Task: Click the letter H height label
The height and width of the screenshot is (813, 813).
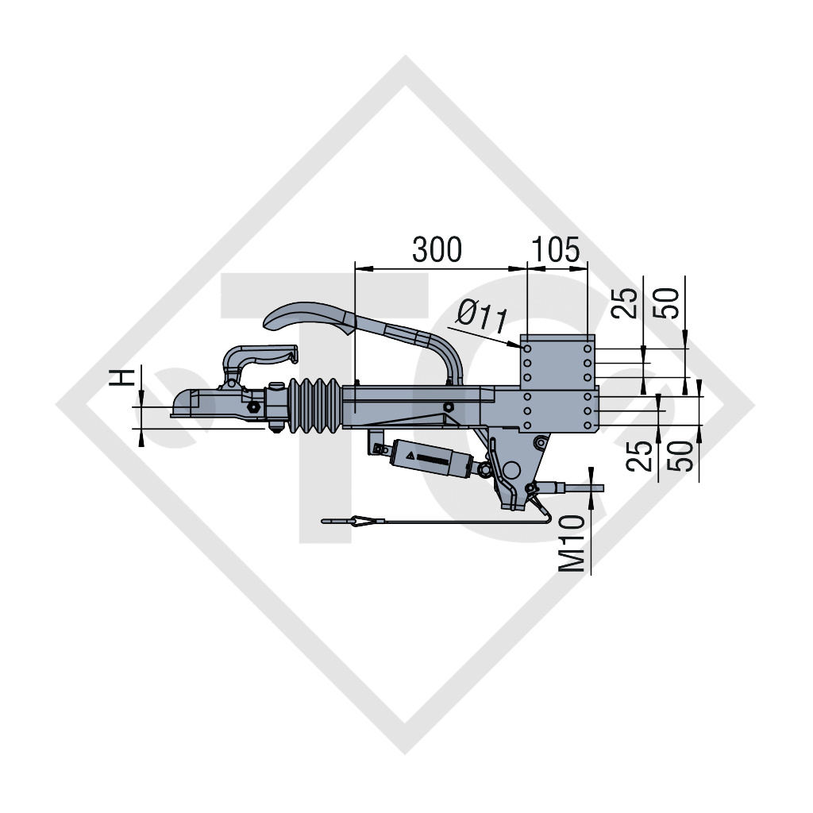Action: coord(121,376)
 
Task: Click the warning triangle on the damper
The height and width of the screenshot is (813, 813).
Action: coord(411,457)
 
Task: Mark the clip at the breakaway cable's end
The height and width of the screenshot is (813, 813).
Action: coord(349,521)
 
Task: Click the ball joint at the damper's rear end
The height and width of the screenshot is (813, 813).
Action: coord(481,472)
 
